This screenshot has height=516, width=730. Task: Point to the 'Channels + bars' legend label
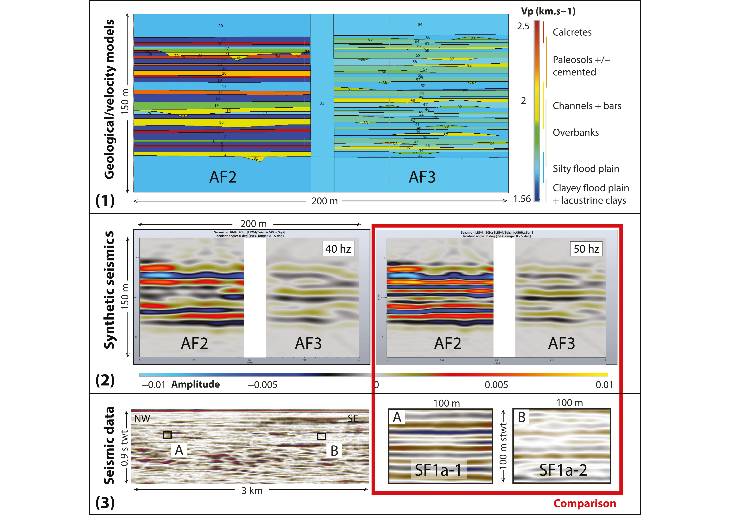coord(587,106)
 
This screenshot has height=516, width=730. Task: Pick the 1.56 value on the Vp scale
coord(522,199)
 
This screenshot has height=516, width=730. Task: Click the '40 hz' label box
coord(338,249)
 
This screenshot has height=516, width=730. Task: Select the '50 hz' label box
coord(586,249)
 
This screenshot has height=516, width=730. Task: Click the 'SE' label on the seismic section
coord(353,419)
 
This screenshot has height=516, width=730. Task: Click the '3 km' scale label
coord(252,491)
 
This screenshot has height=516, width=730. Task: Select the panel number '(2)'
coord(105,380)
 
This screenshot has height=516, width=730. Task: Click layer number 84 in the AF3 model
coord(420,25)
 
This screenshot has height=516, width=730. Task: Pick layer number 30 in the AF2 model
coord(220,26)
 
